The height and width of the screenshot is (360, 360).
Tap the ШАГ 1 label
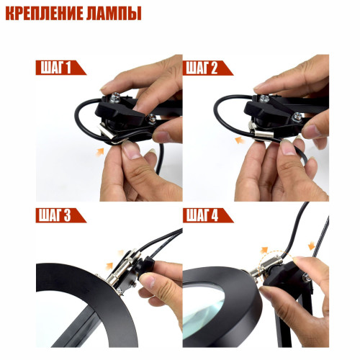click(x=56, y=68)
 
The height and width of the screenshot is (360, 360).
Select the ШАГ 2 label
click(x=202, y=68)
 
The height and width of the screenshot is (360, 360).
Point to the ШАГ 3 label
click(x=55, y=215)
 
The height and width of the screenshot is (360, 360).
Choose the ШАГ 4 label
click(x=202, y=215)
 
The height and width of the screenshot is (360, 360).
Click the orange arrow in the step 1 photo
click(x=100, y=152)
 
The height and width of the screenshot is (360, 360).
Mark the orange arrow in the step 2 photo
click(x=240, y=140)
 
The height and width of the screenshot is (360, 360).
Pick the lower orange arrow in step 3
click(x=109, y=266)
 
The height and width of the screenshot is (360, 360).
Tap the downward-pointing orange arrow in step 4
click(x=311, y=246)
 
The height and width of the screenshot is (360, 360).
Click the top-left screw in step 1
click(x=115, y=97)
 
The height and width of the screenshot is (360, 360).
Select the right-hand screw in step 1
click(x=152, y=119)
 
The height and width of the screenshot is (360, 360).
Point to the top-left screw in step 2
click(x=264, y=99)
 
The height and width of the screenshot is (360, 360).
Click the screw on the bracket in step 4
click(x=307, y=278)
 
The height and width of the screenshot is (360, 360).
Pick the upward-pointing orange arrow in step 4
click(x=264, y=250)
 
